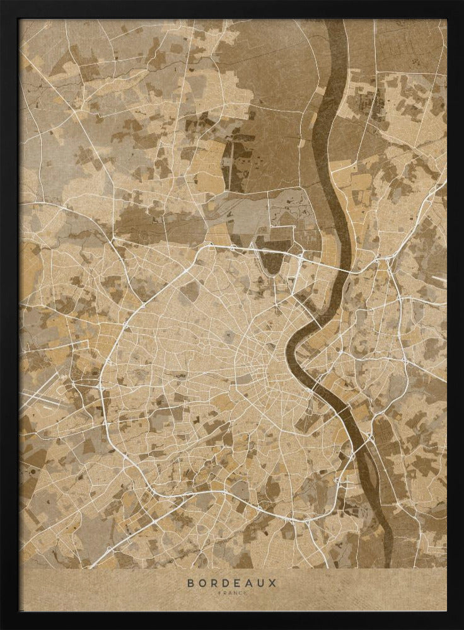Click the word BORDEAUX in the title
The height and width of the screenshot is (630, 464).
[x=232, y=583]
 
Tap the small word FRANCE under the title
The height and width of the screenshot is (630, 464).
[x=232, y=593]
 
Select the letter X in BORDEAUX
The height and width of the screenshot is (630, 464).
[x=273, y=583]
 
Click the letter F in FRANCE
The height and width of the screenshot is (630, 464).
[x=220, y=593]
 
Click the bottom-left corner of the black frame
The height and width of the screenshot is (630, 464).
[x=3, y=626]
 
